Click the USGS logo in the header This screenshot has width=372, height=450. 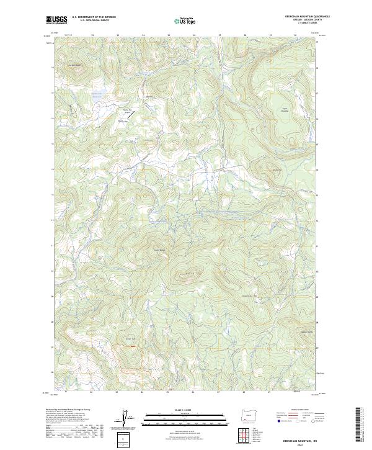tap(57, 20)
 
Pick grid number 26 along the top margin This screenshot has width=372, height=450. tap(193, 35)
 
